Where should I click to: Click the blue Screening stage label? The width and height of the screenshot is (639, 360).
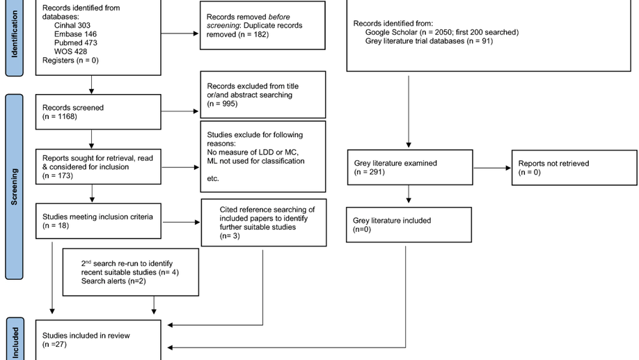[x=14, y=185]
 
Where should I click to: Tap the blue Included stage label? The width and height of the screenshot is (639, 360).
[x=14, y=340]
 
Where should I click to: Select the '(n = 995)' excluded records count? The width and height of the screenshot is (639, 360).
[x=222, y=104]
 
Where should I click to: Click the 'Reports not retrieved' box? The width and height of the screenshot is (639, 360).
[x=574, y=167]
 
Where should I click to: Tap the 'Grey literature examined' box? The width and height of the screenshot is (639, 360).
[x=408, y=167]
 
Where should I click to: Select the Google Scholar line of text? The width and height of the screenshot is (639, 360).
[x=441, y=32]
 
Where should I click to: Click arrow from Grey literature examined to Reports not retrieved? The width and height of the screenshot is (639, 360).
[x=490, y=167]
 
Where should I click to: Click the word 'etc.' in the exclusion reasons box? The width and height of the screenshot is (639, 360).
[x=214, y=178]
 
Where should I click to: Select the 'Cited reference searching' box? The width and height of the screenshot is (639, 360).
[x=263, y=222]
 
